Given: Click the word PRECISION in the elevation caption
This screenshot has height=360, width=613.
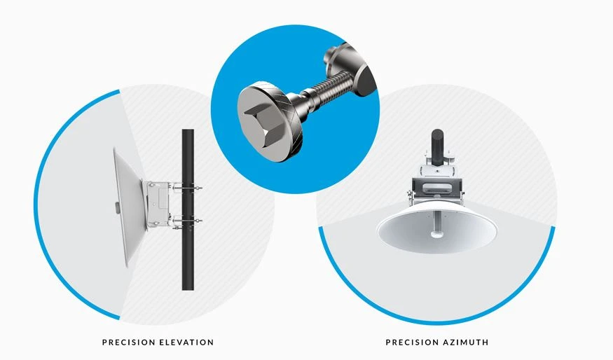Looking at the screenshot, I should (128, 342).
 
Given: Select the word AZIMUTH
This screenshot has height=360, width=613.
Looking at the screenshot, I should (466, 342).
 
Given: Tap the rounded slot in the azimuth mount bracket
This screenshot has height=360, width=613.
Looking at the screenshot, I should (436, 187).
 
